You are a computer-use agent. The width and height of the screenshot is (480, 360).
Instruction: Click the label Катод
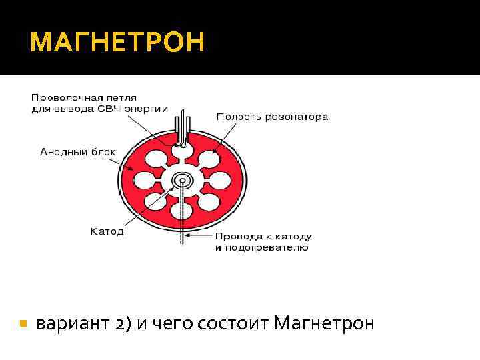point(107,232)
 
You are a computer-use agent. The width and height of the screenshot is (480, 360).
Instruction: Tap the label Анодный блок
point(77,152)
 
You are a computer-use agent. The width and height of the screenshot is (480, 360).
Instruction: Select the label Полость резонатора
point(272,117)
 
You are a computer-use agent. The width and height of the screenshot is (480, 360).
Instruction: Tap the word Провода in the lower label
point(233,237)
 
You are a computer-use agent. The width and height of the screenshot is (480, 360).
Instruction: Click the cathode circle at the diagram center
point(181,181)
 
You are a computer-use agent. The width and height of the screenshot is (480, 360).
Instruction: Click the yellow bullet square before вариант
point(23,324)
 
